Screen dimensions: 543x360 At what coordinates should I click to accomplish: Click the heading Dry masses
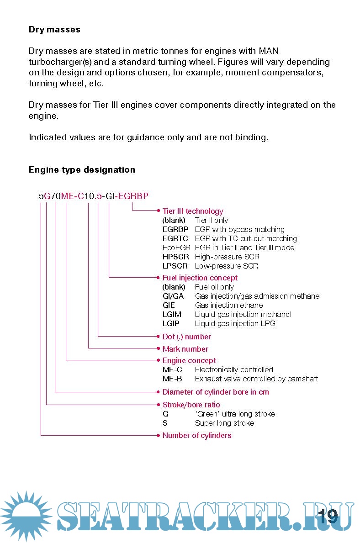[54, 30]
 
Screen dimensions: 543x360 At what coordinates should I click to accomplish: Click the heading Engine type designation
[82, 170]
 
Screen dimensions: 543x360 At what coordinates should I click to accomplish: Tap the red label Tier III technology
[193, 211]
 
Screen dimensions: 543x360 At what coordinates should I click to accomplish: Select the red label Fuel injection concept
[200, 278]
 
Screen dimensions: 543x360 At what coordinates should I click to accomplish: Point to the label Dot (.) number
[186, 337]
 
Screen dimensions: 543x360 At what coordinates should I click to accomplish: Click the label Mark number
[185, 349]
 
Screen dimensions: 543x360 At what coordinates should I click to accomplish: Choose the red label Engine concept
[189, 361]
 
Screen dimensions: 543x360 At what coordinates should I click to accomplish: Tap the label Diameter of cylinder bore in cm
[216, 392]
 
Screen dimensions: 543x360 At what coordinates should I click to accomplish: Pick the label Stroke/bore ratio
[191, 405]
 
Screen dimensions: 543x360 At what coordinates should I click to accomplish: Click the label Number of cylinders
[197, 436]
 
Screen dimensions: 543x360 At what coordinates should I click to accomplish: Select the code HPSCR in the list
[175, 257]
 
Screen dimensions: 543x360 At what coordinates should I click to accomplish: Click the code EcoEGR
[176, 248]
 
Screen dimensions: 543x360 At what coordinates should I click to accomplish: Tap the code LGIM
[172, 315]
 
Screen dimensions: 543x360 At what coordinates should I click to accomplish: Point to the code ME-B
[172, 379]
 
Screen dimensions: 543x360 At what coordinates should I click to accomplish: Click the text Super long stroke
[224, 423]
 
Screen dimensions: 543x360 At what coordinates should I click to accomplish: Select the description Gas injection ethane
[229, 306]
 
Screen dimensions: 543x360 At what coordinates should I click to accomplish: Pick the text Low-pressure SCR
[227, 266]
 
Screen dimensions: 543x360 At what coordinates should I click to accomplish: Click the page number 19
[328, 517]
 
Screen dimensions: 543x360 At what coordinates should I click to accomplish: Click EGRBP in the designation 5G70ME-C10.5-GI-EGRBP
[133, 197]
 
